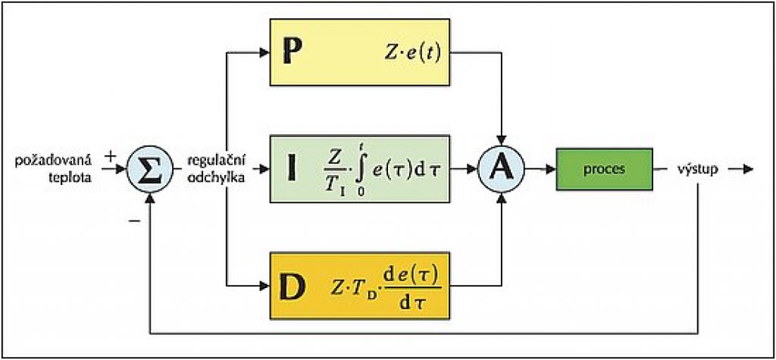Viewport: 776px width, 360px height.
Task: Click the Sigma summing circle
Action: [x=152, y=168]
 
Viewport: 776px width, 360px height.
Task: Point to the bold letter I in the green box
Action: [x=291, y=170]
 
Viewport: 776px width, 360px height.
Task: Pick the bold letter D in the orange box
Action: [x=291, y=286]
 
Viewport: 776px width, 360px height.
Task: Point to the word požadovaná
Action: [x=53, y=161]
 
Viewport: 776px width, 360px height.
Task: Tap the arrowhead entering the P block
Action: [x=265, y=53]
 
